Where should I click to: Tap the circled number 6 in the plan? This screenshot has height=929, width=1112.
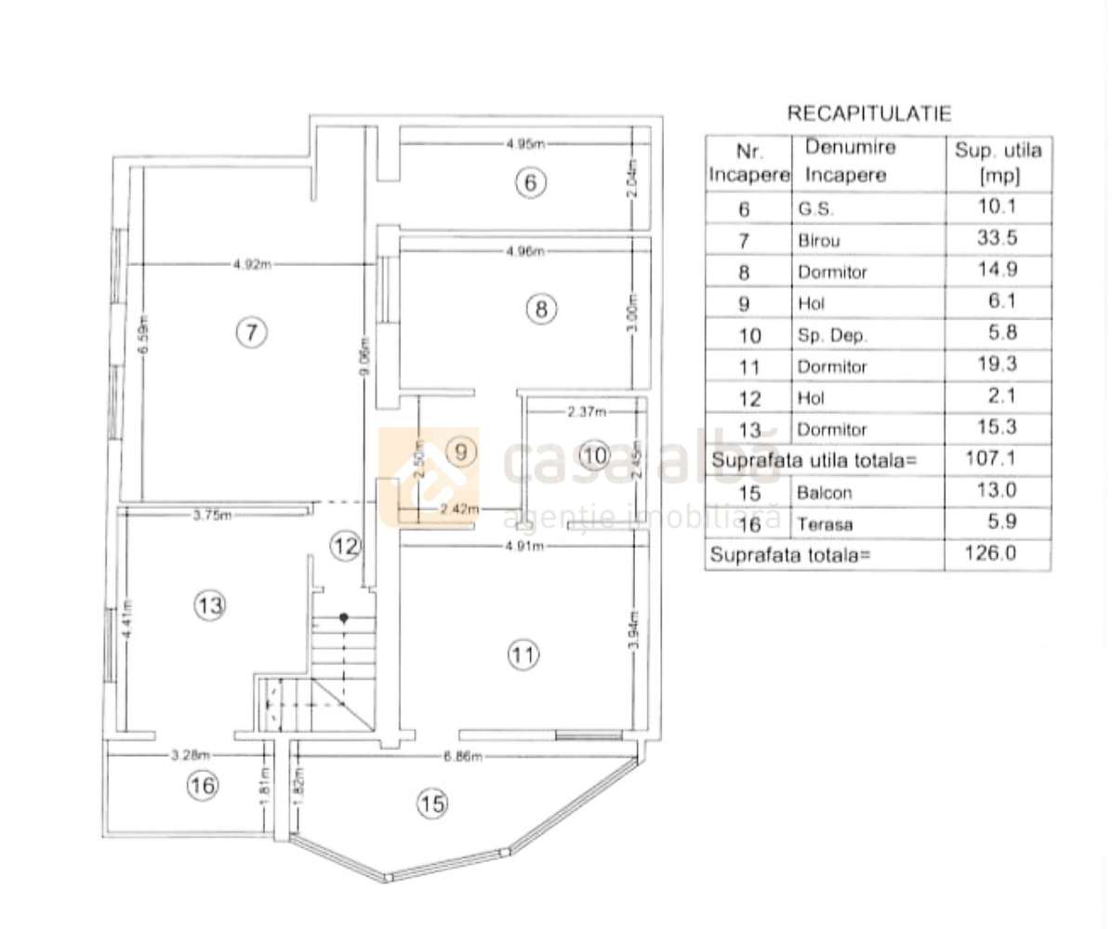tap(530, 183)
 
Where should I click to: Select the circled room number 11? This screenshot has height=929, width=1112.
tap(523, 656)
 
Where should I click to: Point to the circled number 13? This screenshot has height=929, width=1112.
tap(210, 606)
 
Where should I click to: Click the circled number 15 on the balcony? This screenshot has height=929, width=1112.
tap(432, 802)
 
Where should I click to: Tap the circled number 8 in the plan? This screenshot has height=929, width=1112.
tap(543, 308)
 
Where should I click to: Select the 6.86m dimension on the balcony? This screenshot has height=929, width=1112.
tap(462, 756)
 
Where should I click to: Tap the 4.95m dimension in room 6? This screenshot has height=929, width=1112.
tap(525, 143)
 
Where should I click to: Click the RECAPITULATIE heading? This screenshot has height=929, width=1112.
tap(869, 113)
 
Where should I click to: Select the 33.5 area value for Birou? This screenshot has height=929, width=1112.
tap(998, 238)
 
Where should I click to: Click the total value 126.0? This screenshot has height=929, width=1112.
tap(998, 555)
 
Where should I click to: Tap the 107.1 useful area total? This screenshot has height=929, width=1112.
tap(998, 459)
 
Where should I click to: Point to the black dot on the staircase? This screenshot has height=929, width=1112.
tap(344, 617)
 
